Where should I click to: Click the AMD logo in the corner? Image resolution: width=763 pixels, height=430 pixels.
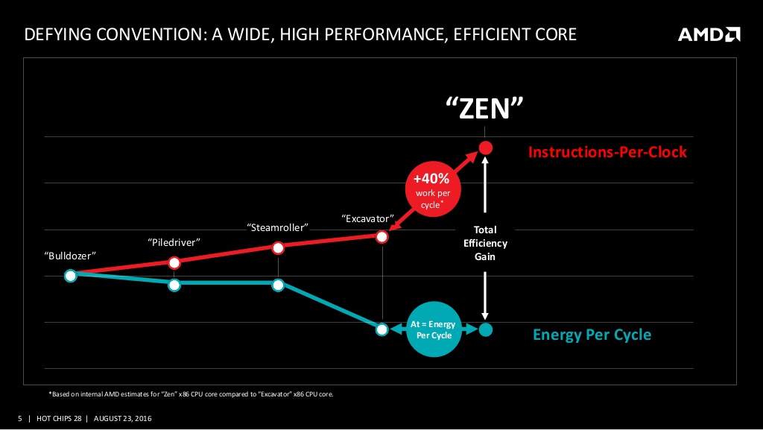709,34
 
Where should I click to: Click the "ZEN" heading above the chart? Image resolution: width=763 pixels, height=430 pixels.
485,110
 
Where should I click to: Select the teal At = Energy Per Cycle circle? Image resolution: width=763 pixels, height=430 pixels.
431,329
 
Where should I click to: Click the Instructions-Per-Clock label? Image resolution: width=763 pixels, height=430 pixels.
607,152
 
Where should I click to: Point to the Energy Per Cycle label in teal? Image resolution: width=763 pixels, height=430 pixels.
592,335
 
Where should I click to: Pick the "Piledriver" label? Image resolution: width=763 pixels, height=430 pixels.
174,242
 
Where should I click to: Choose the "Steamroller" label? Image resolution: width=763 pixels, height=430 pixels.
278,227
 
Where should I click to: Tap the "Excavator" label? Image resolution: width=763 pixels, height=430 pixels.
367,218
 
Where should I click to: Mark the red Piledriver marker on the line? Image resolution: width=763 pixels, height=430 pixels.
174,262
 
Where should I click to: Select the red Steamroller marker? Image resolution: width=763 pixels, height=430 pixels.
278,247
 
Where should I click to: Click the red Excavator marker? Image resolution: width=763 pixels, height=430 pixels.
381,237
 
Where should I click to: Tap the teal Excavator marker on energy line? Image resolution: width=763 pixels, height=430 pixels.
381,329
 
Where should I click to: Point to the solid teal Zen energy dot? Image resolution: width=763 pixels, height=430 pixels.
486,329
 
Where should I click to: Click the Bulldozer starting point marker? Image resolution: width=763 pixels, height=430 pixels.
71,276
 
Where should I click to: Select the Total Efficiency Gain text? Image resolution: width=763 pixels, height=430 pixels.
485,243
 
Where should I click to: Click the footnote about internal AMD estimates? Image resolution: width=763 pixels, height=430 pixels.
190,393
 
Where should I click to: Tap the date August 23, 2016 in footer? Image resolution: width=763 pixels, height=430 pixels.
122,418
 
